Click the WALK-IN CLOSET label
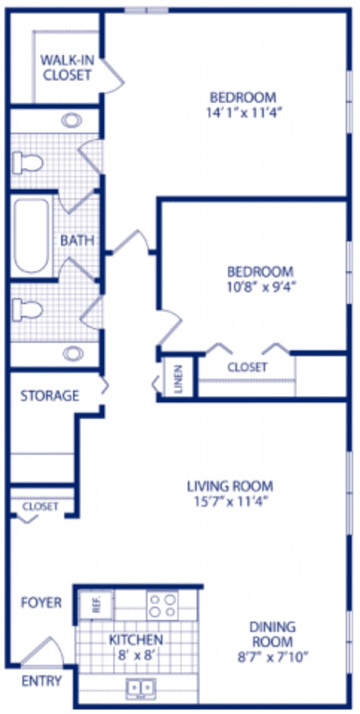66,68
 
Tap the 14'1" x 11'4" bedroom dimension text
242,114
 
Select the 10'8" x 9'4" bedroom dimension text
260,288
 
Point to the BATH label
77,240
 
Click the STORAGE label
50,396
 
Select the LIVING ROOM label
230,486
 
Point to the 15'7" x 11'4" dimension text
230,501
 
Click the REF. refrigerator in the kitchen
96,605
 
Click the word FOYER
41,603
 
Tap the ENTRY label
41,680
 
